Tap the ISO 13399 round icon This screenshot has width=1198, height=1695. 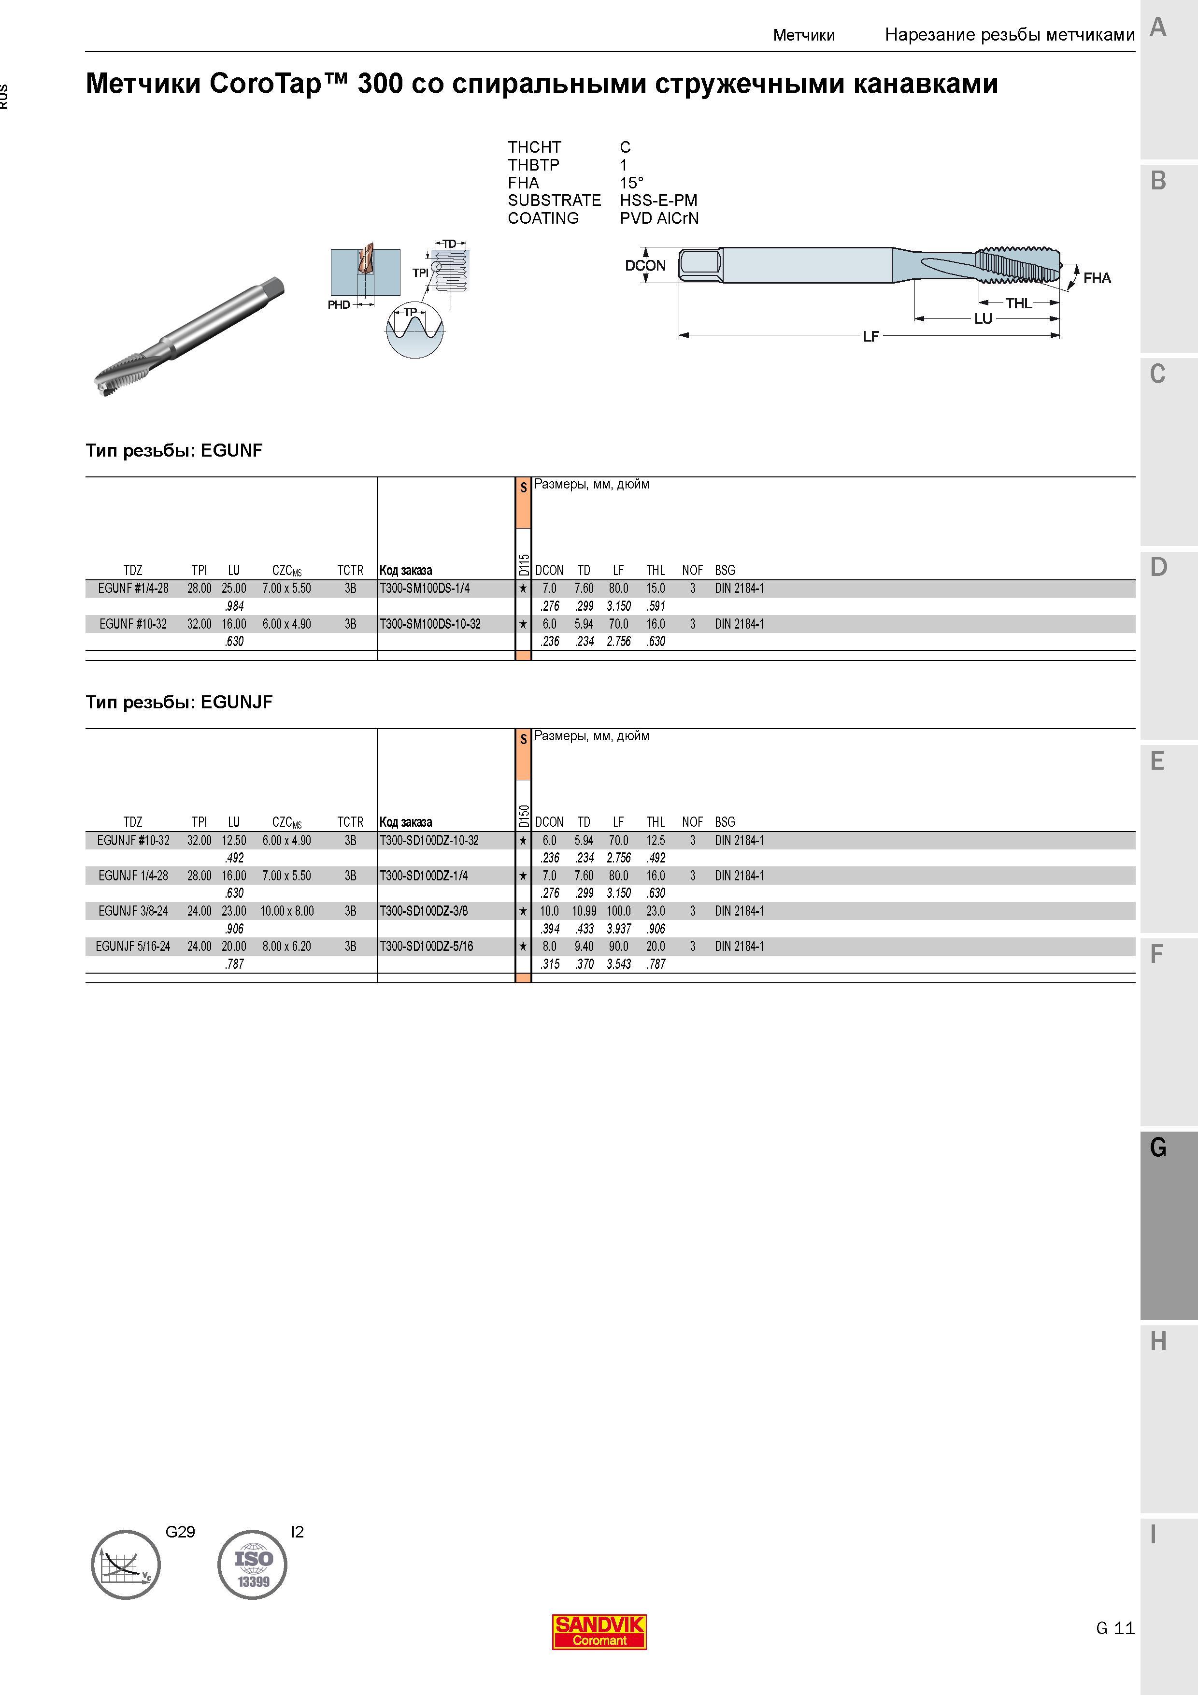click(x=253, y=1565)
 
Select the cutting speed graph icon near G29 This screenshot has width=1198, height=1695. click(x=126, y=1565)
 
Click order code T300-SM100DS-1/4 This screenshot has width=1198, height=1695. click(x=425, y=589)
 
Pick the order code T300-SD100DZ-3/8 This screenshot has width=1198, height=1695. click(x=424, y=911)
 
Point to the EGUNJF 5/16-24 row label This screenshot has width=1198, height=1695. click(x=133, y=947)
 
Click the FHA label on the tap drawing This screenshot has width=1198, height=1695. click(x=1097, y=278)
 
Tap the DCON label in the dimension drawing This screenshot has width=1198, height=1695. click(x=645, y=266)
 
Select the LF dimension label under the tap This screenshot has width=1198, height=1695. click(x=871, y=337)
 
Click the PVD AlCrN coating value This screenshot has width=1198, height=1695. click(x=659, y=218)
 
